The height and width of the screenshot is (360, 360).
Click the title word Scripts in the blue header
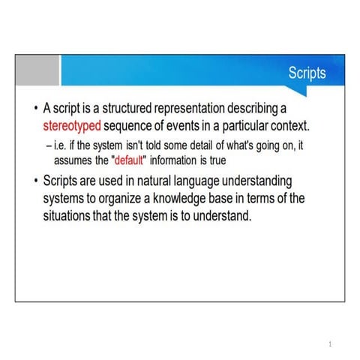click(x=307, y=73)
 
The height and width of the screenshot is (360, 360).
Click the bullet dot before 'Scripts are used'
click(x=35, y=182)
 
